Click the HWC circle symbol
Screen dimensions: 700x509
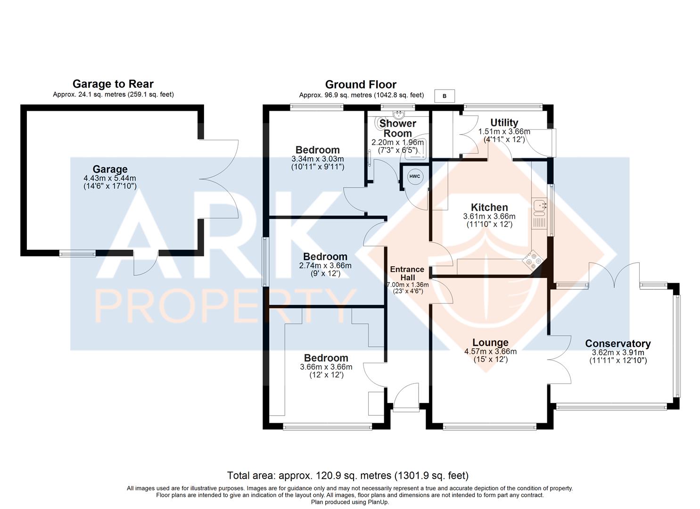[415, 176]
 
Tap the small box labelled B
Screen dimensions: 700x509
[445, 96]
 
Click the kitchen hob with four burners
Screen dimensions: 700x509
[534, 260]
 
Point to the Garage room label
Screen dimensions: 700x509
[110, 169]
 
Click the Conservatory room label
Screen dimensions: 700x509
[618, 344]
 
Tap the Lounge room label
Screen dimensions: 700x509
[490, 343]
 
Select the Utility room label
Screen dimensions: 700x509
[504, 123]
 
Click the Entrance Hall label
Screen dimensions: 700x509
[407, 273]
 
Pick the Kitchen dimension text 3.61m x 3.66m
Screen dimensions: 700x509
[489, 216]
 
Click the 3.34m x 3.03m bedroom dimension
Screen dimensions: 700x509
[318, 159]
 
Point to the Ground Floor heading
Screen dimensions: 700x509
[361, 84]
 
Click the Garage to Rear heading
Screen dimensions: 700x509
[113, 84]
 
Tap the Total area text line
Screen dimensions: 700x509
[348, 476]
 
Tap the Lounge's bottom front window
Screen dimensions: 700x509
[490, 427]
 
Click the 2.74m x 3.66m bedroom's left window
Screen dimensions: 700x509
[265, 262]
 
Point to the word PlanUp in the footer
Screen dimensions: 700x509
[378, 502]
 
